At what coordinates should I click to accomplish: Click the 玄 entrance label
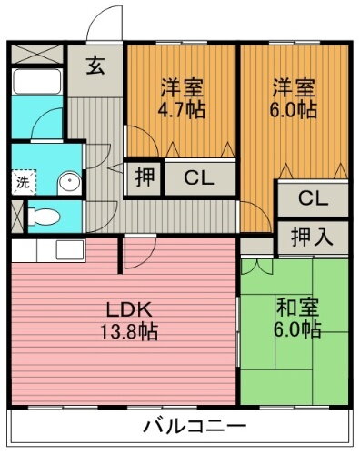point(95,65)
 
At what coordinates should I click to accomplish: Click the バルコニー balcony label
point(194,426)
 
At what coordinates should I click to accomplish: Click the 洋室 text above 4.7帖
point(182,87)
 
